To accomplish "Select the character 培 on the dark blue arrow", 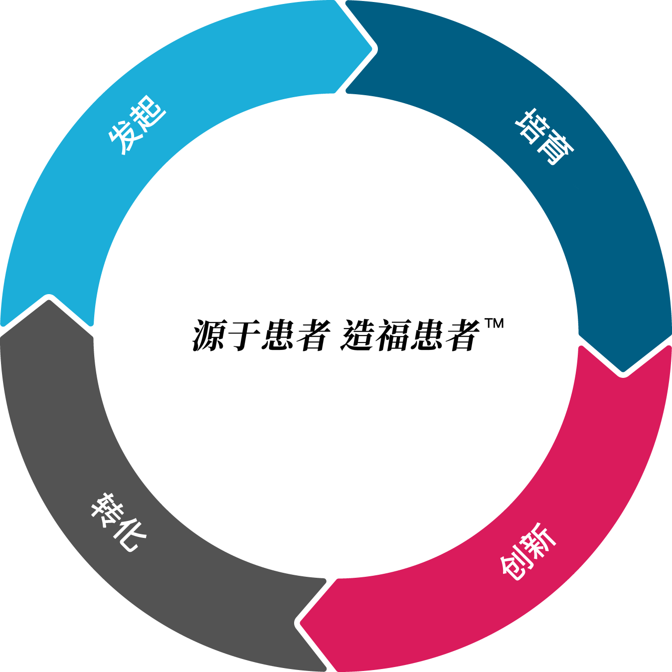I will click(532, 125).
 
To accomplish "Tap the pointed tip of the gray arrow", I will click(49, 298).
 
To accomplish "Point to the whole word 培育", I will click(545, 137).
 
